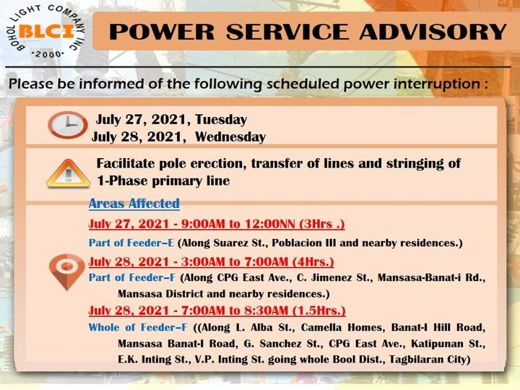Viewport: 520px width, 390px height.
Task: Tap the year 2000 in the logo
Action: [x=48, y=54]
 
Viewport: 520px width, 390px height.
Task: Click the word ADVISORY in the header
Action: [x=433, y=32]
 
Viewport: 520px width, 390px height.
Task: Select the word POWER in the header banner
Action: [x=162, y=32]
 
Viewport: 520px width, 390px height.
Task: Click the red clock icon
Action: [x=68, y=125]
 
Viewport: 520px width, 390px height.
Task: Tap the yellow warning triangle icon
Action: [x=69, y=173]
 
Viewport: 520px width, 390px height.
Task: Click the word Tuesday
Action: [x=221, y=119]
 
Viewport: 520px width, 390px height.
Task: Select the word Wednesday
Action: [x=230, y=137]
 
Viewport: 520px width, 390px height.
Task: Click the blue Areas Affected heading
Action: [x=134, y=203]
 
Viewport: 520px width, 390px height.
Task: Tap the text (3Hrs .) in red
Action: [x=322, y=224]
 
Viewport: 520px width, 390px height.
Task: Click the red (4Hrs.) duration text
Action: [x=313, y=261]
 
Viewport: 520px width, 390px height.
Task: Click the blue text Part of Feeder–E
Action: [x=131, y=243]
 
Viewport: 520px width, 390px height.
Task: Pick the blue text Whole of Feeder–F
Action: [x=138, y=327]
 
